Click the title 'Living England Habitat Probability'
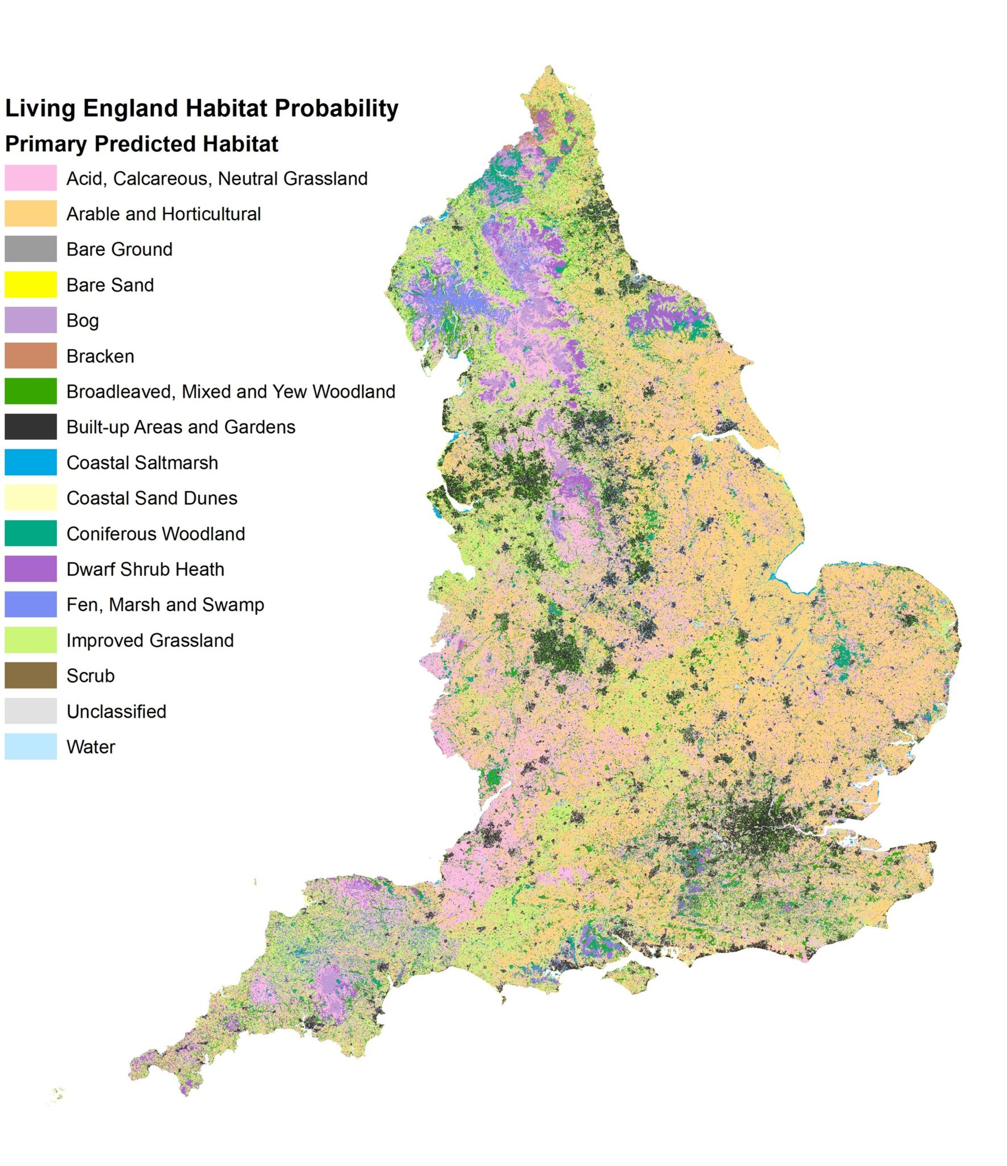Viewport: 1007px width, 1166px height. pyautogui.click(x=202, y=108)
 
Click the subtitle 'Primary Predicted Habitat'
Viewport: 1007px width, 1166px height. pyautogui.click(x=142, y=143)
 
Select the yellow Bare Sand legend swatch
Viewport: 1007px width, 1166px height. pyautogui.click(x=31, y=285)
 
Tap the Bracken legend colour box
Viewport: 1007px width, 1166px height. pyautogui.click(x=31, y=356)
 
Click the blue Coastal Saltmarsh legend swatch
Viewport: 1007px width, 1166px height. pyautogui.click(x=31, y=462)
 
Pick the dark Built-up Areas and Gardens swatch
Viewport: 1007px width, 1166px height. pyautogui.click(x=31, y=427)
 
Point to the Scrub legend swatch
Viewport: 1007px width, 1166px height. pyautogui.click(x=31, y=675)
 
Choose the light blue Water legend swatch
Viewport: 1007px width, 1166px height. pyautogui.click(x=31, y=746)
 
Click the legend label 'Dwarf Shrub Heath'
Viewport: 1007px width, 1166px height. pyautogui.click(x=145, y=569)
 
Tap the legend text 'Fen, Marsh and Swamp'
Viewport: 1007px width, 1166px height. pyautogui.click(x=165, y=605)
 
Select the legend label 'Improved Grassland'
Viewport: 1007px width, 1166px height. pyautogui.click(x=150, y=641)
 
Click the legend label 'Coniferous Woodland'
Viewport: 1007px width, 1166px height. pyautogui.click(x=155, y=534)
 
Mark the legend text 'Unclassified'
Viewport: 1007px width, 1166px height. pyautogui.click(x=116, y=712)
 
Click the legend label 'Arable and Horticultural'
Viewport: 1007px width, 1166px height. pyautogui.click(x=163, y=214)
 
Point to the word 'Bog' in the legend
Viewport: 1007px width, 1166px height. pyautogui.click(x=83, y=321)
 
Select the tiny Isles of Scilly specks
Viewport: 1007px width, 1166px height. pyautogui.click(x=57, y=1095)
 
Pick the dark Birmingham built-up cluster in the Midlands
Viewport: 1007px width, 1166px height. pyautogui.click(x=558, y=649)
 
